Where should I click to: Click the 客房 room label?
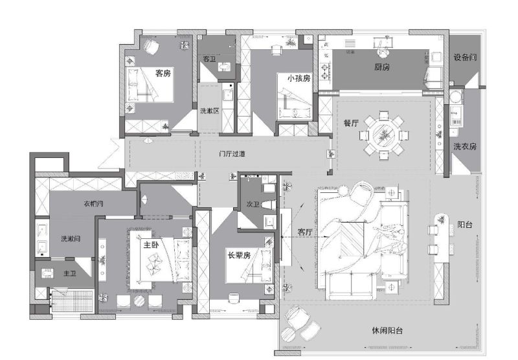pyautogui.click(x=163, y=73)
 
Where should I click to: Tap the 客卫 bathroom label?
pyautogui.click(x=209, y=59)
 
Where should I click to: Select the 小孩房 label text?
pyautogui.click(x=298, y=78)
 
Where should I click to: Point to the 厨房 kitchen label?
pyautogui.click(x=382, y=67)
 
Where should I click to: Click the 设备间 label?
pyautogui.click(x=465, y=58)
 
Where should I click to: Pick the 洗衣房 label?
pyautogui.click(x=465, y=146)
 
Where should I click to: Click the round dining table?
pyautogui.click(x=385, y=135)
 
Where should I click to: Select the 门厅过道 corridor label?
pyautogui.click(x=232, y=154)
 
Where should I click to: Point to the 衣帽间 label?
pyautogui.click(x=94, y=204)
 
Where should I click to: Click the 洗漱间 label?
pyautogui.click(x=71, y=239)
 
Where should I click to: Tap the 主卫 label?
pyautogui.click(x=70, y=274)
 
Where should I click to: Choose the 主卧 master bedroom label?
pyautogui.click(x=151, y=245)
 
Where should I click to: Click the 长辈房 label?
pyautogui.click(x=238, y=254)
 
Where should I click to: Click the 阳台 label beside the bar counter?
pyautogui.click(x=464, y=225)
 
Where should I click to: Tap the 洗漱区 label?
pyautogui.click(x=209, y=111)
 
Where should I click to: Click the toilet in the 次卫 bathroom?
pyautogui.click(x=268, y=187)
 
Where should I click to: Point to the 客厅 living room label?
pyautogui.click(x=305, y=231)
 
